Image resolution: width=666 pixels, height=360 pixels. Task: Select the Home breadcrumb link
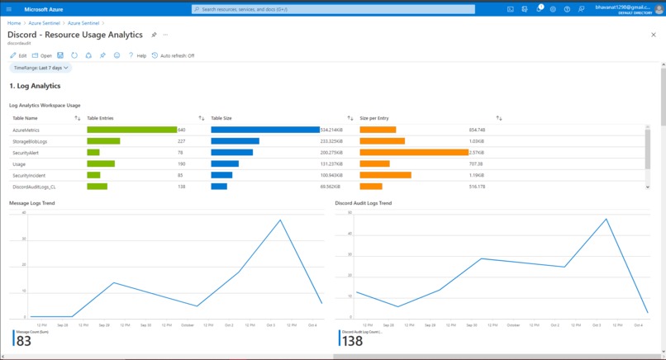pyautogui.click(x=14, y=23)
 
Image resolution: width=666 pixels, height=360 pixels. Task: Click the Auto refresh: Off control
pyautogui.click(x=174, y=55)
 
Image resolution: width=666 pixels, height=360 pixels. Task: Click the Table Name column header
pyautogui.click(x=25, y=118)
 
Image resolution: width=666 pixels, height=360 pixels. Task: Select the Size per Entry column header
pyautogui.click(x=377, y=118)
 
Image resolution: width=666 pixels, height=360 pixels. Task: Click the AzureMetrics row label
pyautogui.click(x=26, y=130)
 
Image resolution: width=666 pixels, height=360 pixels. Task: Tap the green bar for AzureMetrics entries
pyautogui.click(x=131, y=130)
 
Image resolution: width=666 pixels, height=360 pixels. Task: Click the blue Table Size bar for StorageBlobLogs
pyautogui.click(x=235, y=141)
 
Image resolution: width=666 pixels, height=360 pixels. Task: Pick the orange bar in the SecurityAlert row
pyautogui.click(x=414, y=152)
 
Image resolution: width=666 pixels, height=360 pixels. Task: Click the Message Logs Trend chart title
pyautogui.click(x=31, y=202)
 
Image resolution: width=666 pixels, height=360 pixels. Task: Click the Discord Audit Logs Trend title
pyautogui.click(x=364, y=202)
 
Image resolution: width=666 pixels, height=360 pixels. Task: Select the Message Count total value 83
pyautogui.click(x=24, y=341)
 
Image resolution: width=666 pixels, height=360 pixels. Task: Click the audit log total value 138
pyautogui.click(x=352, y=341)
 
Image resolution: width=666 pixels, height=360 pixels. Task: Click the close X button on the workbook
pyautogui.click(x=653, y=35)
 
